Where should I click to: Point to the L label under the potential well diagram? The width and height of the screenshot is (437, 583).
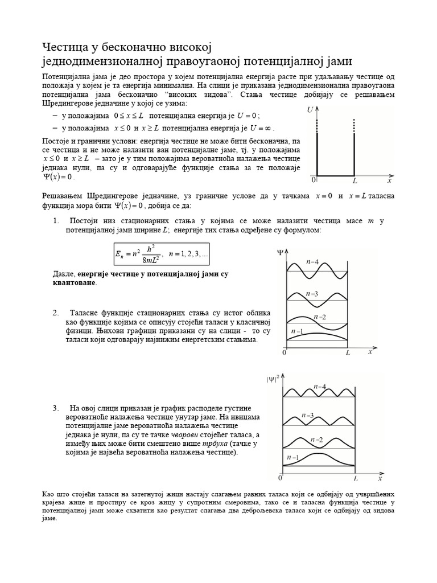[x=354, y=180]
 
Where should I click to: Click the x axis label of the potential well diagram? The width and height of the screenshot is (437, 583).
[x=389, y=180]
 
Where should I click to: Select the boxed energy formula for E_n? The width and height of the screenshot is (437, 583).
[x=162, y=256]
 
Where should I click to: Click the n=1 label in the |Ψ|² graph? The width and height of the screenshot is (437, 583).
[x=294, y=457]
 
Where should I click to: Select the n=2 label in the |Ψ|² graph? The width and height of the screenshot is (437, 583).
[x=317, y=440]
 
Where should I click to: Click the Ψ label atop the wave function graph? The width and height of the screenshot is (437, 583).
[x=280, y=251]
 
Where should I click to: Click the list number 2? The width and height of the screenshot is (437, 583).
[x=56, y=313]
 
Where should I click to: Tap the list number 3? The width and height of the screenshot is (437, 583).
[x=56, y=408]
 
